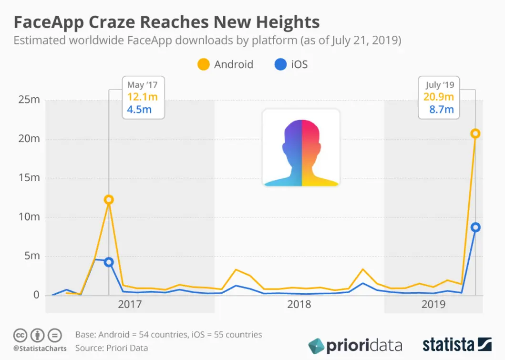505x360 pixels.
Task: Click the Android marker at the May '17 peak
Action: pos(109,200)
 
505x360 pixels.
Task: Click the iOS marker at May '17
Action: pos(109,262)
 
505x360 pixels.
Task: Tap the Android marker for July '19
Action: pos(475,134)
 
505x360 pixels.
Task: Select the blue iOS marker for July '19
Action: pos(475,227)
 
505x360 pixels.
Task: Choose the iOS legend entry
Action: pos(291,64)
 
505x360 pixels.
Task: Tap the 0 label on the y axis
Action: pos(36,295)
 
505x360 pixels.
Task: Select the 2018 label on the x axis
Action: pos(299,304)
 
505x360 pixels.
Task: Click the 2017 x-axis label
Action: pos(130,304)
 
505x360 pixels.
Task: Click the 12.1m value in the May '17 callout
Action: pos(142,97)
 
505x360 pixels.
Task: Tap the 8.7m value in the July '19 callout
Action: pos(442,110)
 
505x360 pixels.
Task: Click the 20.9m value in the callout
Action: pos(439,97)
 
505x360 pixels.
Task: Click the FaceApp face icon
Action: pos(301,148)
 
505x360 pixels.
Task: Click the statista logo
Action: pos(457,344)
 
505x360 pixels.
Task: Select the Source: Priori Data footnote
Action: pos(112,348)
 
